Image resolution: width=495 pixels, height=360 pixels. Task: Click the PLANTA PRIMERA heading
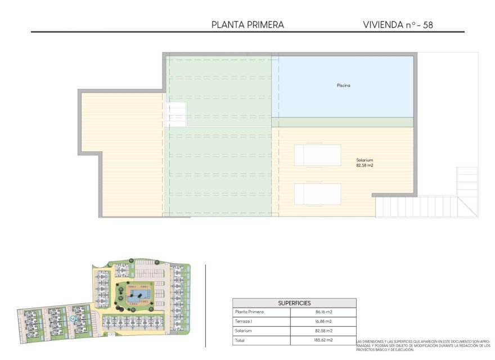click(247, 25)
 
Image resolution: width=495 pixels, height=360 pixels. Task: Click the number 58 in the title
click(427, 25)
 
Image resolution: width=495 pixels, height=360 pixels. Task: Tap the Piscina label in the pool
click(343, 85)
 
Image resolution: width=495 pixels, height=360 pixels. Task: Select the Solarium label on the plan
click(364, 160)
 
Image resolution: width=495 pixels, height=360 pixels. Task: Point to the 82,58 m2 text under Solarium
click(364, 166)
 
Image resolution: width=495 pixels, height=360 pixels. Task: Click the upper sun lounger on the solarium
click(318, 155)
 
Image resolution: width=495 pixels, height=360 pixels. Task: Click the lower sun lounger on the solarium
click(318, 194)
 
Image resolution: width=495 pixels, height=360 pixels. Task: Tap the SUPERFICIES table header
click(294, 303)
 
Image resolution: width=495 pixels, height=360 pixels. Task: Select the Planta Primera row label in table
click(249, 312)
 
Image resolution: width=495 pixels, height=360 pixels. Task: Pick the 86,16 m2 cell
click(324, 312)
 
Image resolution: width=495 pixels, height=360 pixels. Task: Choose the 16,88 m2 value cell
click(324, 321)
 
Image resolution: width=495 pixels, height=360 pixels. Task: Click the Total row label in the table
click(240, 340)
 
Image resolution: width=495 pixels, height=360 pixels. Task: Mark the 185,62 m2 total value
click(324, 340)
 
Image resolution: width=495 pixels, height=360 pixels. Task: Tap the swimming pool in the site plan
click(137, 294)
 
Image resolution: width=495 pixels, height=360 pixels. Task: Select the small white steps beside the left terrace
click(176, 115)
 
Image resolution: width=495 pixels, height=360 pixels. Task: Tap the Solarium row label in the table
click(244, 331)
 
